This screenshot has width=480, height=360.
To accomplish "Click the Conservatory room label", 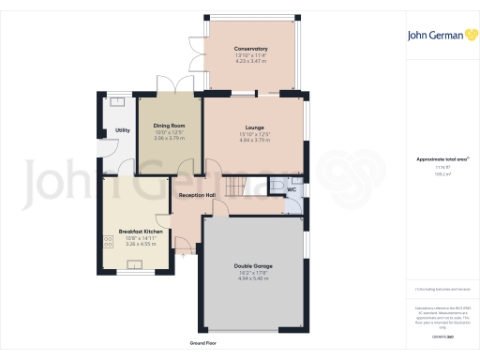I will (251, 48).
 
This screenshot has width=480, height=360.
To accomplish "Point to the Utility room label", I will (122, 130).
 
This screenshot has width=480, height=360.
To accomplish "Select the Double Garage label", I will (251, 265).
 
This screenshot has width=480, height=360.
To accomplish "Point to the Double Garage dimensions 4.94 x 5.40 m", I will (251, 278).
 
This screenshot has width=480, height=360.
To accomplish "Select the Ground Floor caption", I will (203, 344).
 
